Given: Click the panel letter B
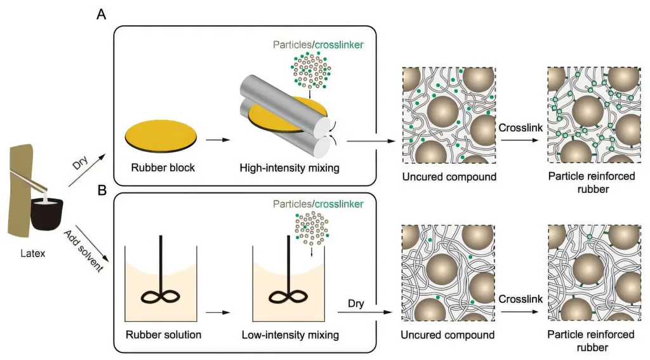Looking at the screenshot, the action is point(102,190).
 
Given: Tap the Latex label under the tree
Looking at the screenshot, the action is point(33,253).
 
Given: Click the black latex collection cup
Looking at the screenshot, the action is point(47,213).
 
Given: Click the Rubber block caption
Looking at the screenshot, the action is point(163,168).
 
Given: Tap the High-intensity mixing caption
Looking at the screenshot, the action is point(289,168).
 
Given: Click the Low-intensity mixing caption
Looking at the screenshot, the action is point(290,335).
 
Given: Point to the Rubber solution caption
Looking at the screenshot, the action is point(163,335).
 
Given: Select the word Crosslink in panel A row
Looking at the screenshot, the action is point(521,128).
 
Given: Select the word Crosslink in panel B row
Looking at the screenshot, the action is point(521,299).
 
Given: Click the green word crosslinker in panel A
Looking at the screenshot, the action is point(340,45).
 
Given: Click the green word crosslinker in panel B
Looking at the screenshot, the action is point(340,204).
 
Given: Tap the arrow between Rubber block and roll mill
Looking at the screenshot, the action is point(218,140).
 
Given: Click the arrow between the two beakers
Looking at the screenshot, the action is point(218,312).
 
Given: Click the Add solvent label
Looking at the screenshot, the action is point(83,251).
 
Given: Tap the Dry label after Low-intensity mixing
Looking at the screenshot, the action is point(356,303).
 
